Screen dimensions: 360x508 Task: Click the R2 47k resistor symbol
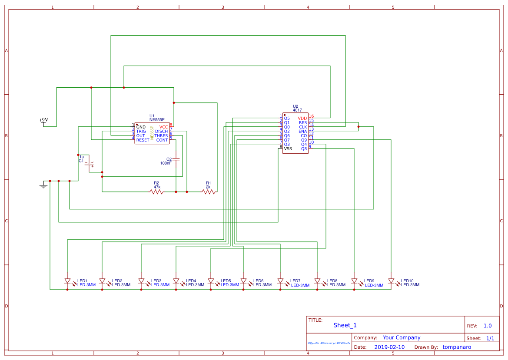click(156, 192)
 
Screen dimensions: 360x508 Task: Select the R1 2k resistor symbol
click(209, 192)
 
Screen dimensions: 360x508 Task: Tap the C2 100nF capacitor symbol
click(176, 159)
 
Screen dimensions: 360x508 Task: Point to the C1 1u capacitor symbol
click(89, 164)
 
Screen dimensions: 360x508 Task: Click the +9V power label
click(43, 120)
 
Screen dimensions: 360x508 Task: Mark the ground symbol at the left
click(43, 185)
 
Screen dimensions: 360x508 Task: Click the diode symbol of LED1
click(67, 281)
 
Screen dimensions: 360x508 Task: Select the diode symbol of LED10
click(391, 281)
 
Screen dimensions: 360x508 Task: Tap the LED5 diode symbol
click(211, 281)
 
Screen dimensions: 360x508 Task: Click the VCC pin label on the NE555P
click(163, 127)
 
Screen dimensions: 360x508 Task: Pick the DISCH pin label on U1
click(161, 131)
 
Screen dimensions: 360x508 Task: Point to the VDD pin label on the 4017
click(302, 118)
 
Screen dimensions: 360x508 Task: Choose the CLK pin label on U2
click(303, 127)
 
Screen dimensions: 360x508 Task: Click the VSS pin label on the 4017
click(288, 149)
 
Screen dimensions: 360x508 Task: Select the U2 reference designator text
click(296, 106)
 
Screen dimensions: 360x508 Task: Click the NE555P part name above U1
click(157, 119)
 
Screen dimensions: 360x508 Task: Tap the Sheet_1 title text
click(345, 325)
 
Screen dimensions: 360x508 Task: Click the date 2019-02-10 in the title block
click(389, 347)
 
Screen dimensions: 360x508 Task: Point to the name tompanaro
click(457, 347)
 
